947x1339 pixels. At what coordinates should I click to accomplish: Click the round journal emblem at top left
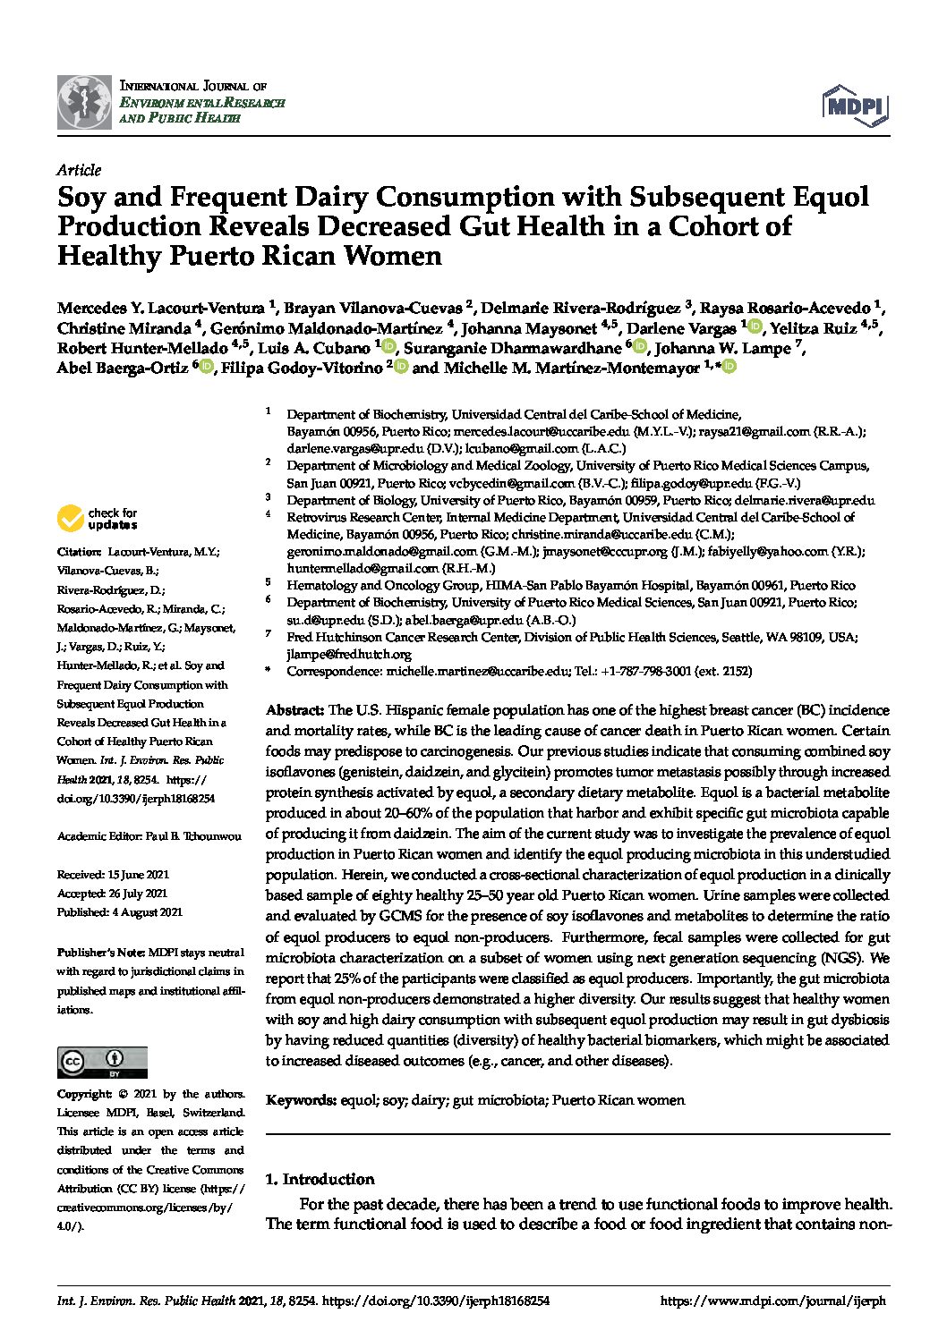[84, 103]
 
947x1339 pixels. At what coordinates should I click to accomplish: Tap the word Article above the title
[79, 170]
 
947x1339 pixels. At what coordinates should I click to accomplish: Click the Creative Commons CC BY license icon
[102, 1061]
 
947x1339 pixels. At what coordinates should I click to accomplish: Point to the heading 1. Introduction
[320, 1179]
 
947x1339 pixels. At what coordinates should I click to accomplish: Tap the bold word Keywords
[301, 1100]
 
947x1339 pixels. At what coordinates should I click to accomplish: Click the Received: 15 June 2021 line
[113, 875]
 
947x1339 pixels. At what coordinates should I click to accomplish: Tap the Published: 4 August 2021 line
[119, 912]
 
